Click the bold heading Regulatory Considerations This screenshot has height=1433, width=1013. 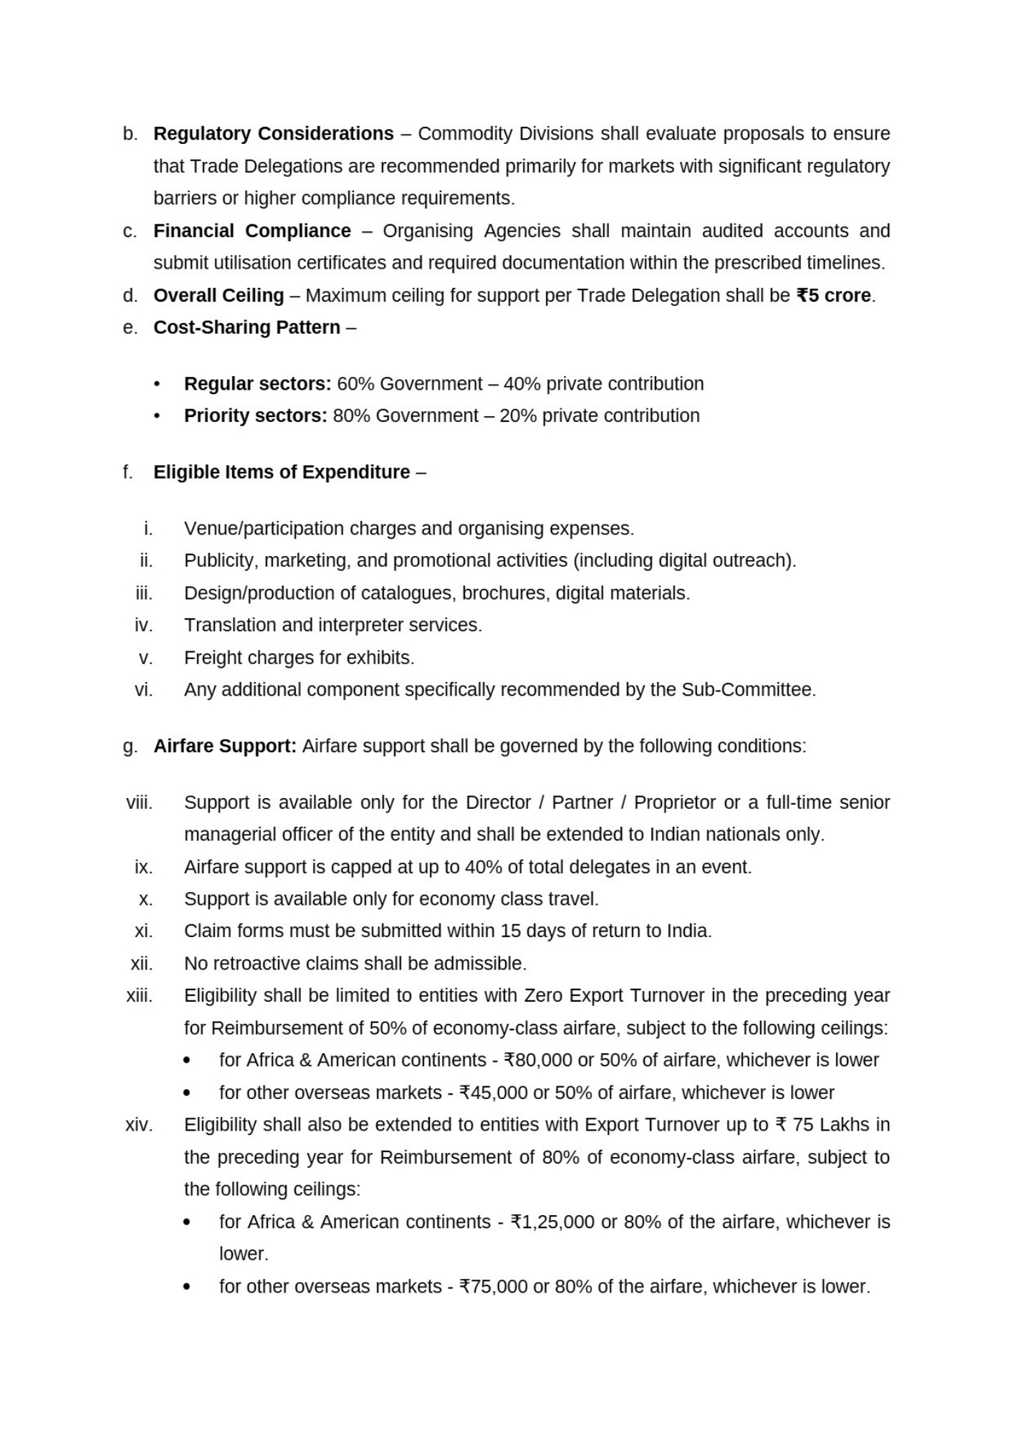coord(273,134)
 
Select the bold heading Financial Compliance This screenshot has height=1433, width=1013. coord(251,231)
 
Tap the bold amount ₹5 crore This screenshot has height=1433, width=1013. coord(833,295)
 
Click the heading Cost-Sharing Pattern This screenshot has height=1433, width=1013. coord(246,327)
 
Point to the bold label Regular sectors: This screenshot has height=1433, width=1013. coord(257,384)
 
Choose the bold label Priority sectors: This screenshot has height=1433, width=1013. coord(255,416)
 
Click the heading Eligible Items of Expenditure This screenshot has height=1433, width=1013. coord(282,472)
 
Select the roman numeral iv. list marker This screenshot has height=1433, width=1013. coord(144,626)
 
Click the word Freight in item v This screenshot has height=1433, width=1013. coord(209,658)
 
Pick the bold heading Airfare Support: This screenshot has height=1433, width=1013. coord(225,747)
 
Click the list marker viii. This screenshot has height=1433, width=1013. coord(140,802)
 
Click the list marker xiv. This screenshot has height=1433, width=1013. coord(139,1125)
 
